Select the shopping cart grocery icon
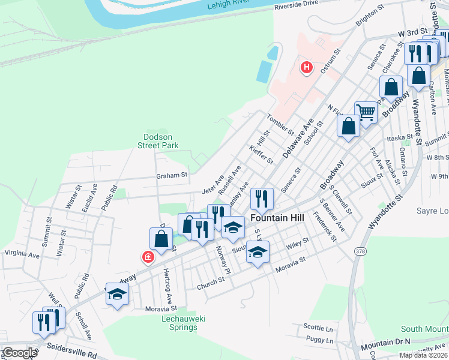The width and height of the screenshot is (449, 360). click(366, 111)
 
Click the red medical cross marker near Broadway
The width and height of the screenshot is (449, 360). click(147, 257)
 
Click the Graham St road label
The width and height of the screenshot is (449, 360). click(172, 176)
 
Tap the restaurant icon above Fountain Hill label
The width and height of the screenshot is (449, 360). click(262, 197)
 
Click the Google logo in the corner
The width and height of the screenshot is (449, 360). click(19, 353)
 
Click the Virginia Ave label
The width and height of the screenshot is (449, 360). click(22, 254)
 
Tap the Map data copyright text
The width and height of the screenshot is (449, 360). click(423, 355)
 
